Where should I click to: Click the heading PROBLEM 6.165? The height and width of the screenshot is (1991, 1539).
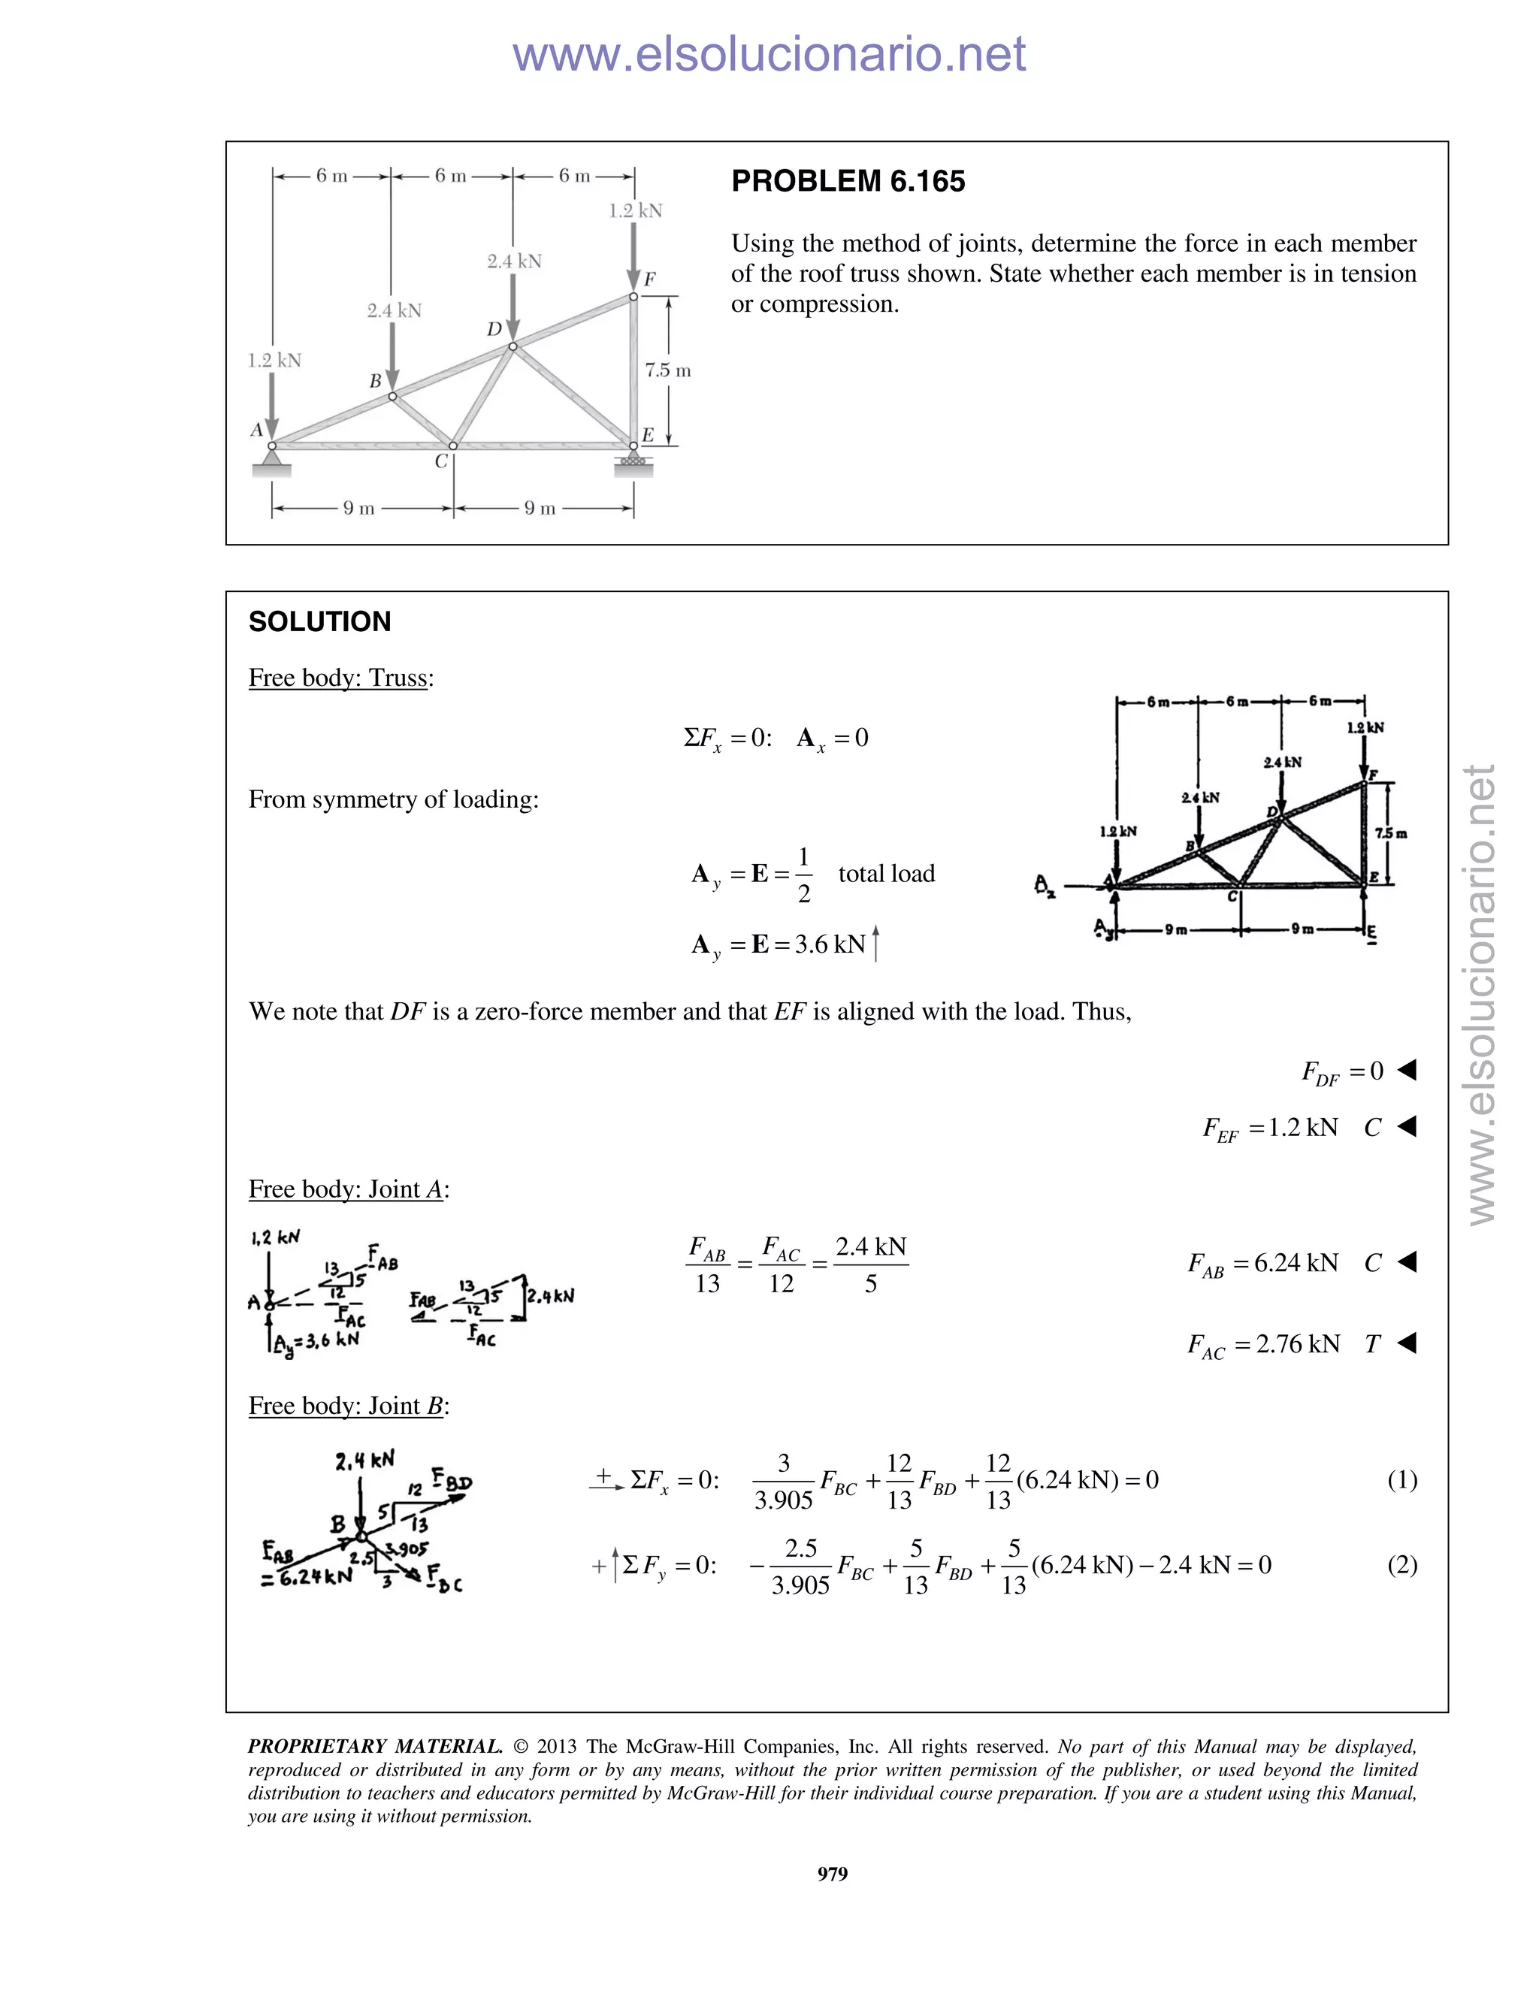click(x=847, y=181)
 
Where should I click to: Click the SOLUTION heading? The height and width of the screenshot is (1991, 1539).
click(x=319, y=622)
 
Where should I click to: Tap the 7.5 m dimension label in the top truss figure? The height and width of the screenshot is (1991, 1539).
click(x=667, y=371)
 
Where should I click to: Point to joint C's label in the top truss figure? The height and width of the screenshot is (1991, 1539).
click(x=441, y=462)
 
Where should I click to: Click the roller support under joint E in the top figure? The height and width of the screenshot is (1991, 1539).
click(x=633, y=461)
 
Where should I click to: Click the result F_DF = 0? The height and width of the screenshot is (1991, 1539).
click(x=1342, y=1072)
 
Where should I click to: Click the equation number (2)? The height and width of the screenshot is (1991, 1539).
click(x=1401, y=1565)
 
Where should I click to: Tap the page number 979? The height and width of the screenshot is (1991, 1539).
click(x=833, y=1873)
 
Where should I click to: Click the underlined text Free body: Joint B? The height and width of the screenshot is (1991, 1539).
click(x=348, y=1406)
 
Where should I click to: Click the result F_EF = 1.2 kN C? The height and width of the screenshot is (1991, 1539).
click(x=1292, y=1128)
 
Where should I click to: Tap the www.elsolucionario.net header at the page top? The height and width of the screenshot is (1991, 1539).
click(x=769, y=55)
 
